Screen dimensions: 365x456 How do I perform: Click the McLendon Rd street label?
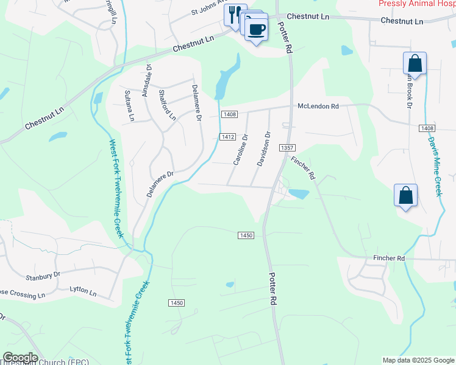click(318, 106)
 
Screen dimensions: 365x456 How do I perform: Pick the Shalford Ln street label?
click(166, 105)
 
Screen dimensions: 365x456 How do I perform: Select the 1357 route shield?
click(287, 148)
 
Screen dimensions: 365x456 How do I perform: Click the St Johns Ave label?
click(208, 11)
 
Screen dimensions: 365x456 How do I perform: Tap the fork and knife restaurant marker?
click(233, 14)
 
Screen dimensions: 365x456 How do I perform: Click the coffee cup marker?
click(257, 29)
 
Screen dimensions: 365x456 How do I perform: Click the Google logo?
click(20, 358)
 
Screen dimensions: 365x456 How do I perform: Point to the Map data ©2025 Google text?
click(418, 360)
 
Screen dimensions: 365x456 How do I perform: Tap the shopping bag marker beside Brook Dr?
click(415, 63)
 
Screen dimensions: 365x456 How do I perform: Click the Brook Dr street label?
click(408, 89)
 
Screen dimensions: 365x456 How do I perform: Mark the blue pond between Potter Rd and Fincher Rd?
click(298, 194)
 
